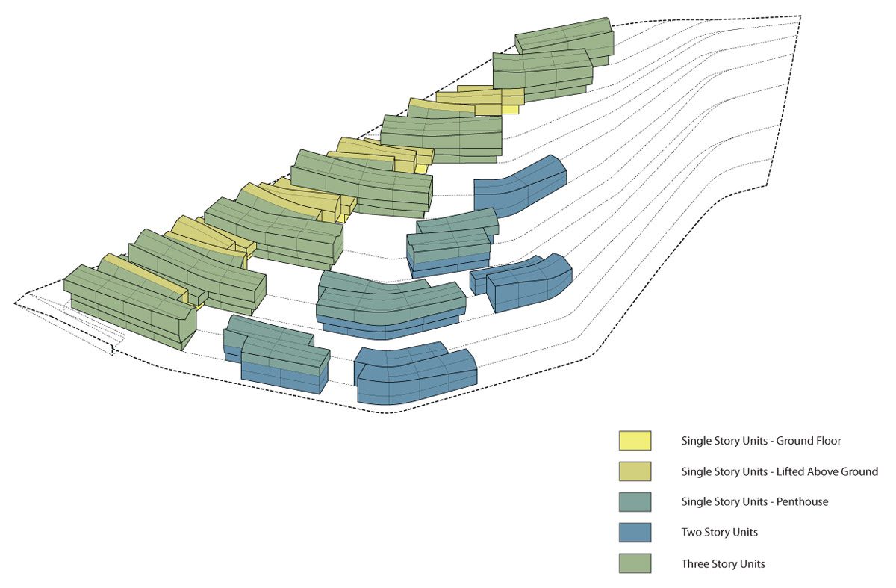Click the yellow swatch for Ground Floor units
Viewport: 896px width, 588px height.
[x=635, y=441]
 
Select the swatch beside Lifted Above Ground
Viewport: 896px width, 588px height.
[x=635, y=471]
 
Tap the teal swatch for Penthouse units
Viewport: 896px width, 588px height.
[x=635, y=502]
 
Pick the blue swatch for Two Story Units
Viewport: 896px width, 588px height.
[x=635, y=533]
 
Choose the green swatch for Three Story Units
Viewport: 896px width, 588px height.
[x=635, y=563]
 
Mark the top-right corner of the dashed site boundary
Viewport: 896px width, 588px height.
[x=800, y=16]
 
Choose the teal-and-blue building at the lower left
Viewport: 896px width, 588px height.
[x=276, y=355]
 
